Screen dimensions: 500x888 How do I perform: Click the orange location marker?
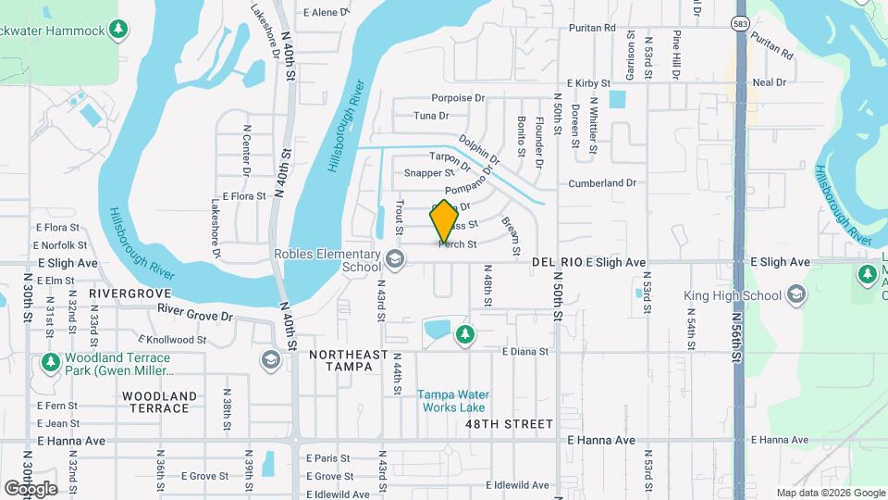445,221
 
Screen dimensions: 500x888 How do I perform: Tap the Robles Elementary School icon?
396,258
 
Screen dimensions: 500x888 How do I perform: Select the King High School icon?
795,295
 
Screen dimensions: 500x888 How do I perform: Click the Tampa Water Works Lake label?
452,401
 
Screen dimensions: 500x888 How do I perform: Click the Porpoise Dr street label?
458,97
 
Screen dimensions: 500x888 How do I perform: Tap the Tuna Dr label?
431,116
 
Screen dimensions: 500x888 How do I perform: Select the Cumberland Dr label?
602,183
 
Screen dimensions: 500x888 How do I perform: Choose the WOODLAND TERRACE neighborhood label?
159,402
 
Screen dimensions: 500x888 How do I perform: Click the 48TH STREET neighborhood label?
511,424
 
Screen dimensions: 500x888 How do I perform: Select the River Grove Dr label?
194,313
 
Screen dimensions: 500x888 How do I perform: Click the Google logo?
31,488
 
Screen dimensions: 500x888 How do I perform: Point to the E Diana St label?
525,352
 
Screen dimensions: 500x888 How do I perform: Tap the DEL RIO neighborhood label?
557,263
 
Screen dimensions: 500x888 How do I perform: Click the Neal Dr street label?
769,82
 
